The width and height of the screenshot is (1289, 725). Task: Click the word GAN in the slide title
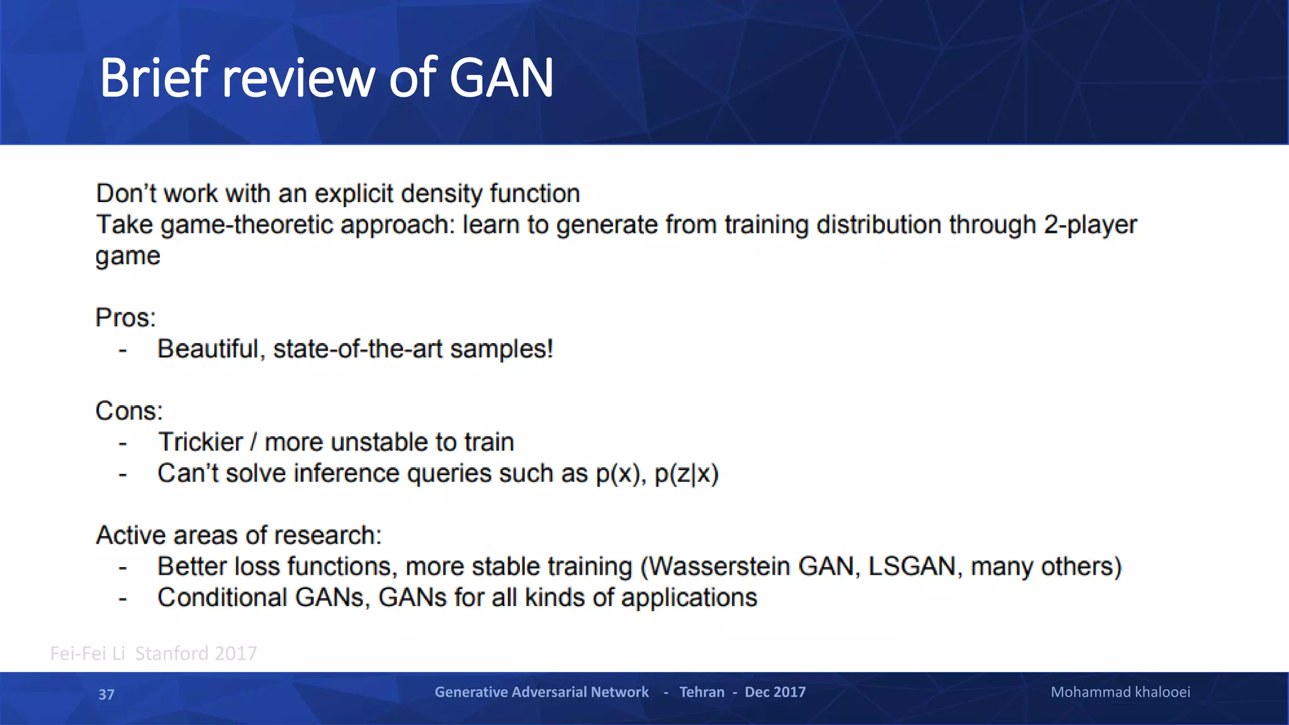(x=501, y=78)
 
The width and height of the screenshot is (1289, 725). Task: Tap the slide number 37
(x=106, y=694)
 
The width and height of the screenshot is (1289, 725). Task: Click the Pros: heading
(x=125, y=318)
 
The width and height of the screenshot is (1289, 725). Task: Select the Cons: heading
(x=129, y=411)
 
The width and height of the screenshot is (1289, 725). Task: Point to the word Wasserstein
(x=719, y=566)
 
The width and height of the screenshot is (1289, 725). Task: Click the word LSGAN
(x=911, y=566)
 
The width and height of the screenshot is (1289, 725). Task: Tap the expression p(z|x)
(x=686, y=473)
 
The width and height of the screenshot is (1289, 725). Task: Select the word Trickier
(x=200, y=442)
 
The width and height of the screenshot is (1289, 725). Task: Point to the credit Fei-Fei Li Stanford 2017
(x=154, y=653)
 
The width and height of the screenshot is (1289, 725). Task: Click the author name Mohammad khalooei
(x=1120, y=692)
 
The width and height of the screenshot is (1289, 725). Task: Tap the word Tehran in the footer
(x=702, y=692)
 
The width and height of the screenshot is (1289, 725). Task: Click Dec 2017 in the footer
(x=775, y=692)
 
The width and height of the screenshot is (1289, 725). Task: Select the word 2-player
(x=1090, y=225)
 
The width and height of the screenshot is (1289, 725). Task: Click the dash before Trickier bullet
(x=123, y=443)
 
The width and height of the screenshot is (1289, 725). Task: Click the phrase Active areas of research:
(x=239, y=535)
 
